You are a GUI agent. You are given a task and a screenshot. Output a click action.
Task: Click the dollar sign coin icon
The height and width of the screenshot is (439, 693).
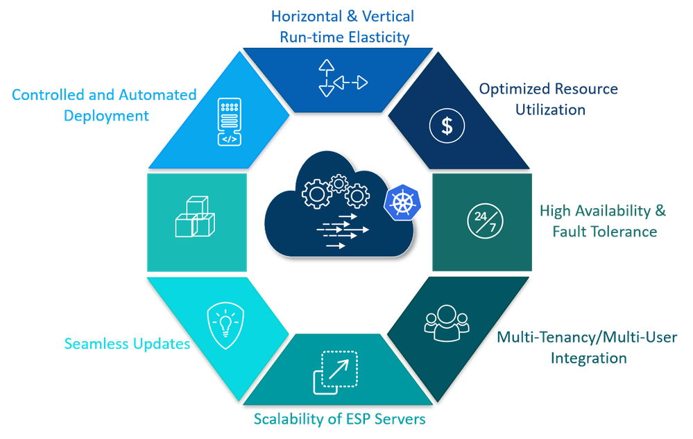click(x=447, y=126)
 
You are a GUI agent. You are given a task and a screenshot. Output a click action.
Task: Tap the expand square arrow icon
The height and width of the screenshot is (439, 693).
click(x=336, y=372)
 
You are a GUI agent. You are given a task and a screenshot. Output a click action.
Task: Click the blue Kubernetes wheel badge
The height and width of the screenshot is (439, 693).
click(x=401, y=203)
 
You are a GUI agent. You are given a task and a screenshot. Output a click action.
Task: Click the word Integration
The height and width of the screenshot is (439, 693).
click(x=588, y=358)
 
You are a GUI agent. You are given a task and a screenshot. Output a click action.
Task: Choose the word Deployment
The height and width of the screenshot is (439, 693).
click(x=106, y=116)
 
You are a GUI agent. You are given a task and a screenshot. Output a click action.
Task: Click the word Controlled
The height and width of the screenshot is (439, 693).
click(x=46, y=95)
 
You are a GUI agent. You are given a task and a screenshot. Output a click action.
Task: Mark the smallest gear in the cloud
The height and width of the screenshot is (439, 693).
click(x=339, y=183)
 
